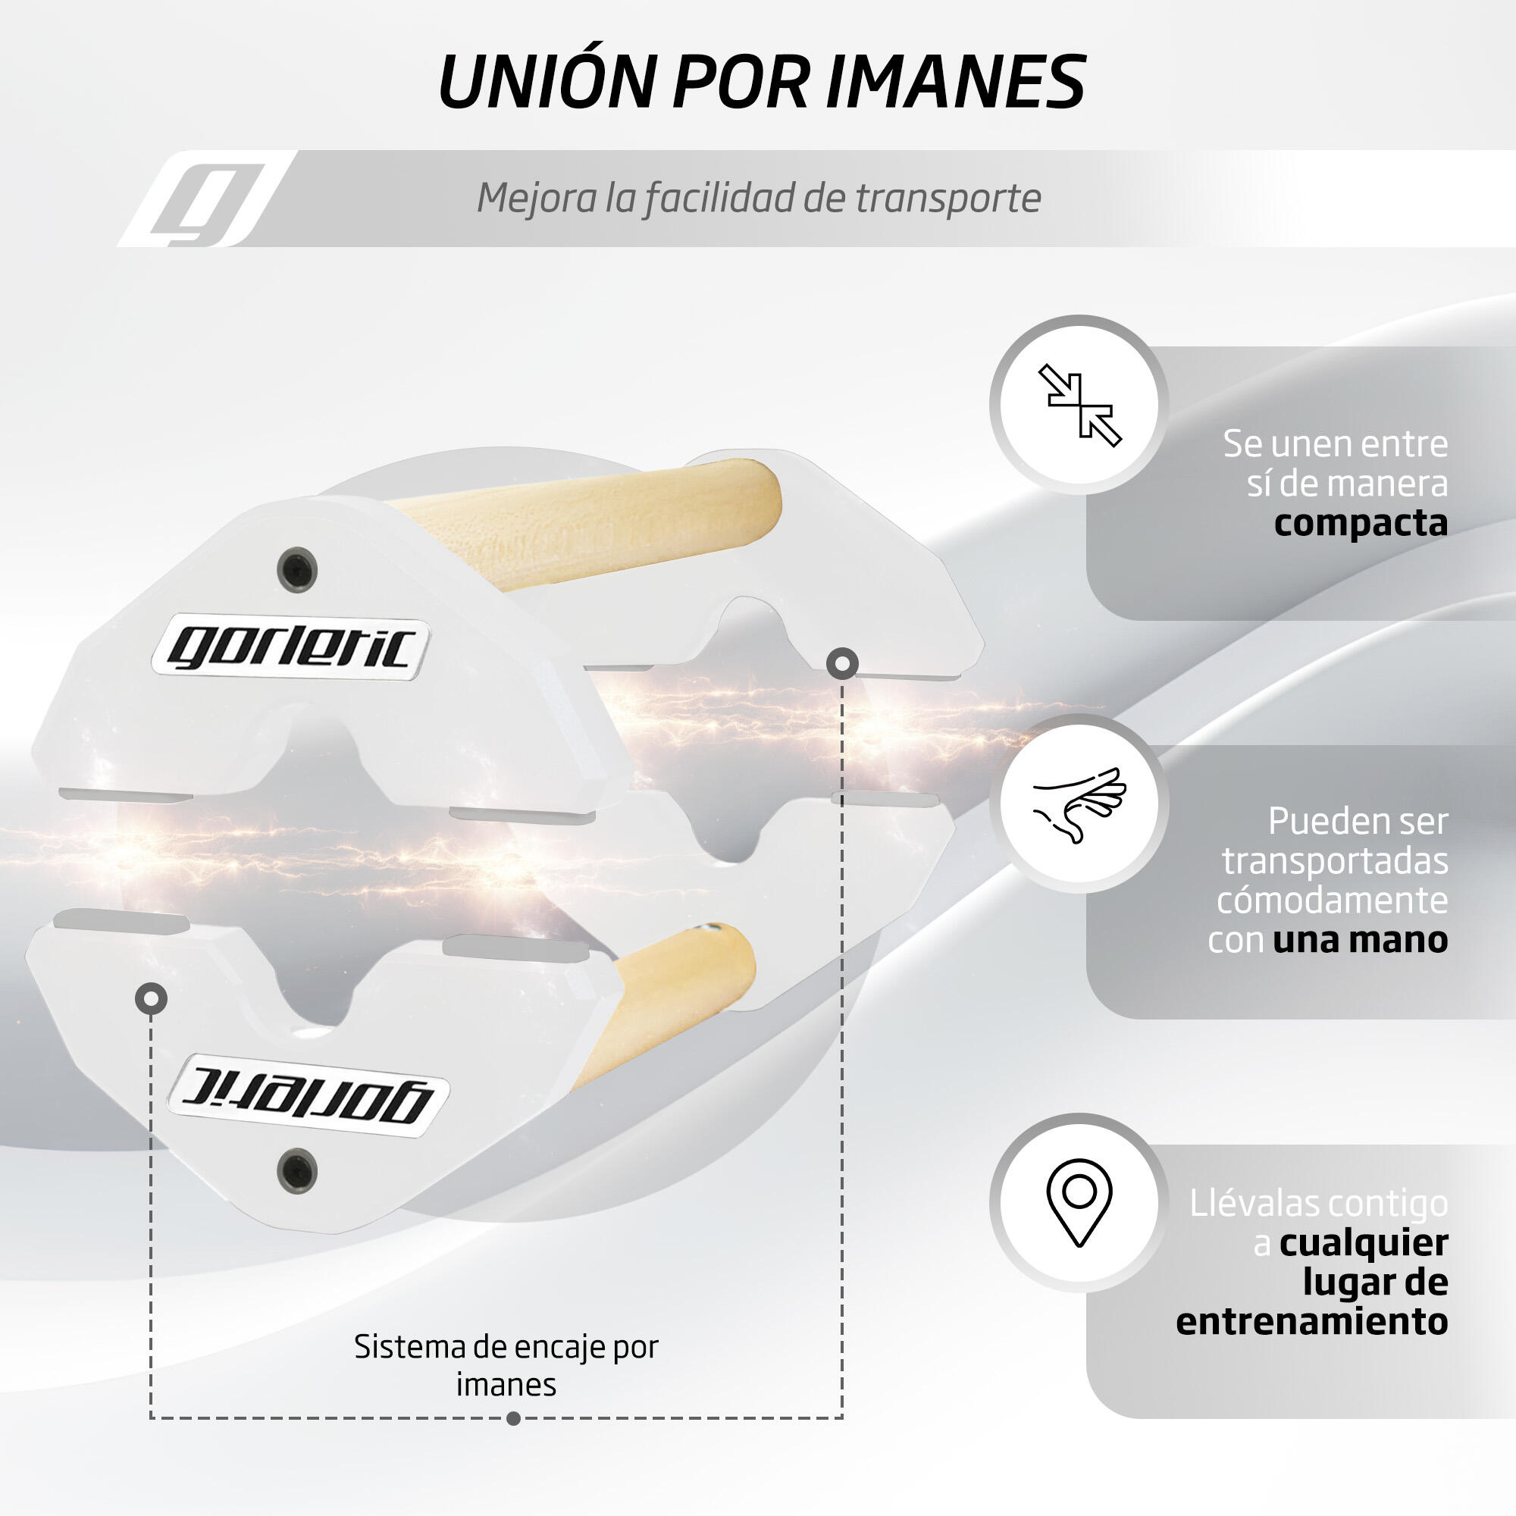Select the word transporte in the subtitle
948,199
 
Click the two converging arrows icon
1079,405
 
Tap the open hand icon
1079,804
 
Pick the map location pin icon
1079,1202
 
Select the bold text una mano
1361,939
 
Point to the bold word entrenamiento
1312,1321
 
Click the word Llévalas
1248,1203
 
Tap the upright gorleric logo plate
290,648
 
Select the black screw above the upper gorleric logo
297,569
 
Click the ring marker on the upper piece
842,664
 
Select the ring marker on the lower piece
151,999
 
